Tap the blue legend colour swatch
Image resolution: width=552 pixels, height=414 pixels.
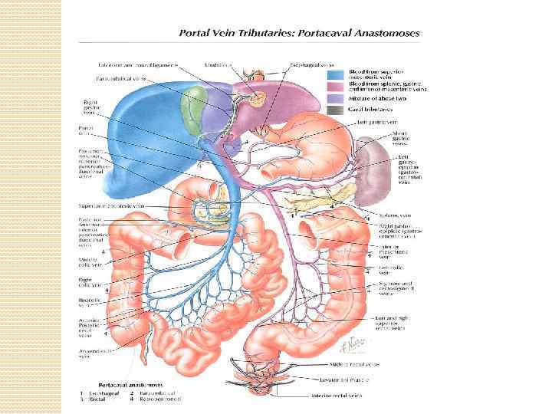click(335, 75)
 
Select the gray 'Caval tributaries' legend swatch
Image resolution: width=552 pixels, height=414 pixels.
click(335, 110)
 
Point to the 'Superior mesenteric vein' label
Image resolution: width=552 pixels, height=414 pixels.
click(109, 206)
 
